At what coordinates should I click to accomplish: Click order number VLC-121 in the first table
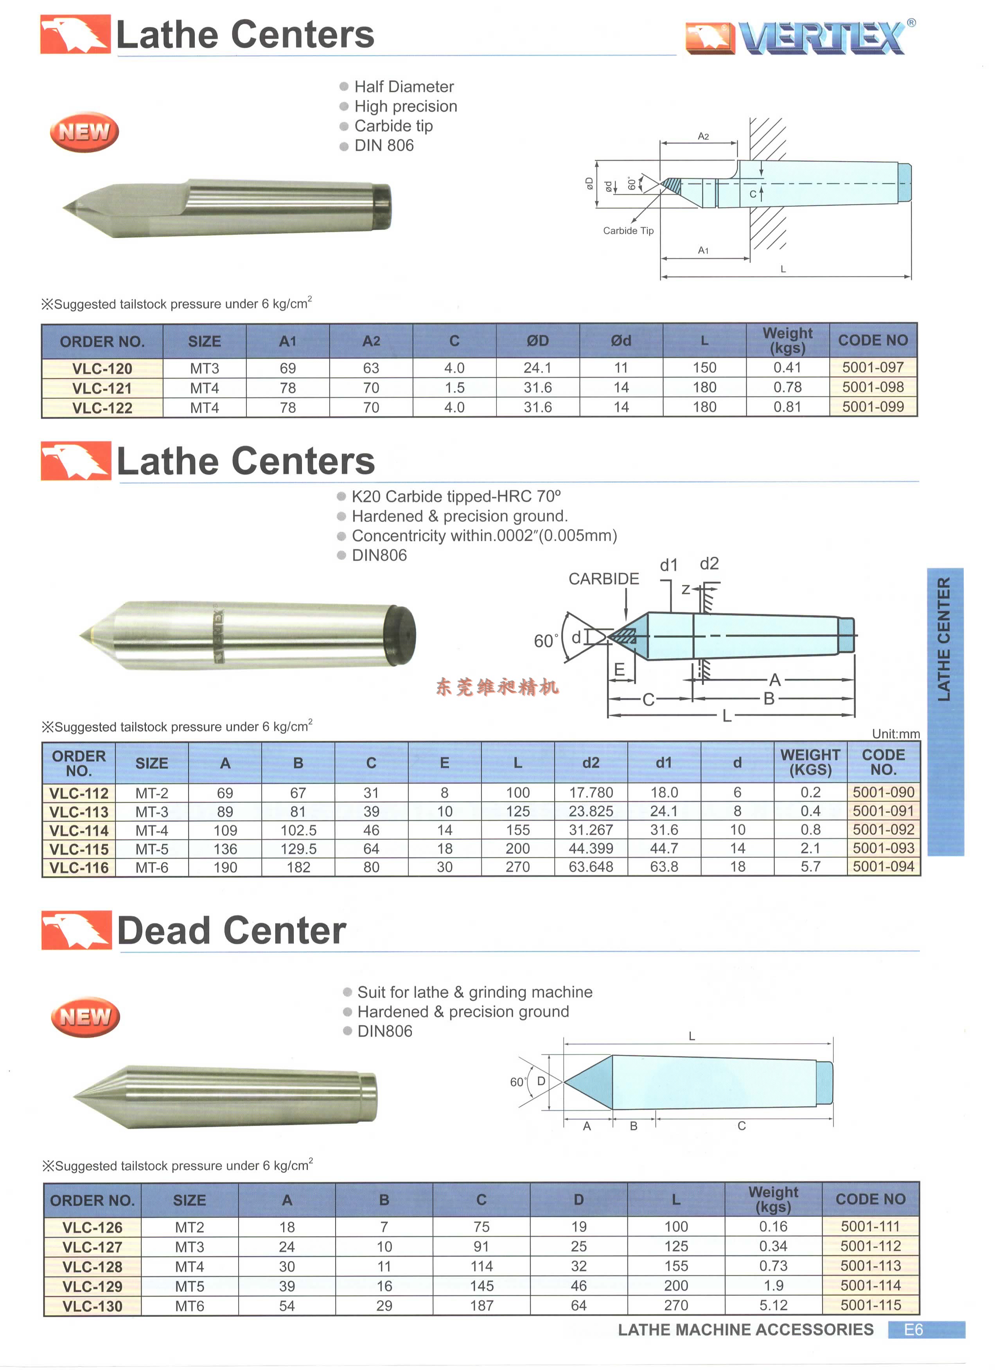pos(102,388)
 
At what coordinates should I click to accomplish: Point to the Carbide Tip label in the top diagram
pos(628,231)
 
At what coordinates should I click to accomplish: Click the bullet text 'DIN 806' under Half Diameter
pos(384,145)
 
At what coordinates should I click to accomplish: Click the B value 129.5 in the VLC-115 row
pos(298,849)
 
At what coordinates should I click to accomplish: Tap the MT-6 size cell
pos(152,868)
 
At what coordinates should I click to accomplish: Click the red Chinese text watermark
pos(497,687)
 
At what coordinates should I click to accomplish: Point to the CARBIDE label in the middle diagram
pos(603,579)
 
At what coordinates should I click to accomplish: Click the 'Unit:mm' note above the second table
pos(895,734)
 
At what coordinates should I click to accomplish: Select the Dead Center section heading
pos(232,931)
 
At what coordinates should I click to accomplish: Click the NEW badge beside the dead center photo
pos(85,1017)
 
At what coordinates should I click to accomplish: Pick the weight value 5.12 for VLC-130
pos(773,1305)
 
